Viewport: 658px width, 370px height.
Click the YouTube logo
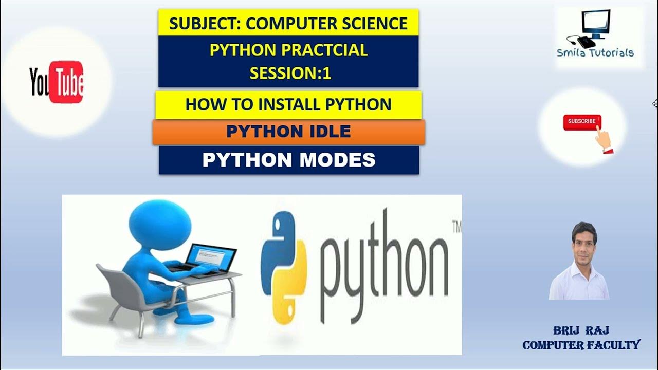(57, 82)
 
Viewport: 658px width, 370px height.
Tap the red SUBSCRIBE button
(582, 122)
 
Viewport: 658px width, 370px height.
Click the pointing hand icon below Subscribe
(604, 139)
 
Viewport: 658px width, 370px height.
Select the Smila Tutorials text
(595, 52)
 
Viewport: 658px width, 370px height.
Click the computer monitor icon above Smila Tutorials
(595, 25)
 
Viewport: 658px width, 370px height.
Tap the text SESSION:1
(290, 73)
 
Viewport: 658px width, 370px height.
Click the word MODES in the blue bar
(338, 160)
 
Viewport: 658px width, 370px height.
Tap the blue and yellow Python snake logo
(284, 268)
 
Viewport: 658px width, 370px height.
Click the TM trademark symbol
(455, 227)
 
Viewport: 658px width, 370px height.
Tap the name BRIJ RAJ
(581, 330)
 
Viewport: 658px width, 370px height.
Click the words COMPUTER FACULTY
(581, 345)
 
